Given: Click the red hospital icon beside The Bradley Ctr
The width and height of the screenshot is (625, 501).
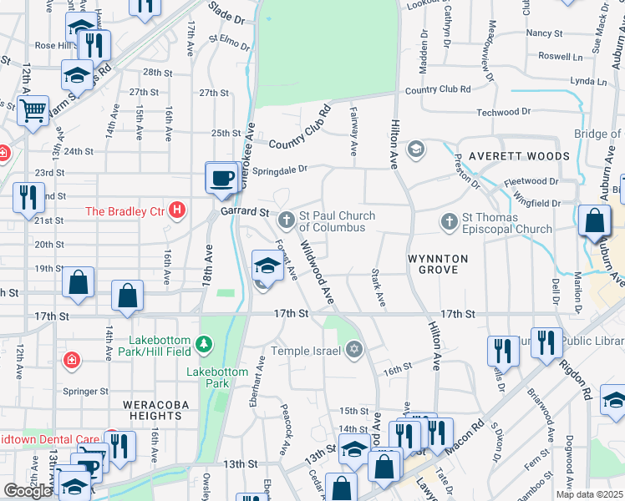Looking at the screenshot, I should (x=176, y=210).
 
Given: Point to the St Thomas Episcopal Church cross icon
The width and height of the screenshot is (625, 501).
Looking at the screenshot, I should (x=450, y=221).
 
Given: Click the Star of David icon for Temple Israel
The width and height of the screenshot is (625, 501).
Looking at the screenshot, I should (x=354, y=349).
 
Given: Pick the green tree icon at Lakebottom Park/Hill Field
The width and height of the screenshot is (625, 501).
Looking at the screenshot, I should (x=203, y=344).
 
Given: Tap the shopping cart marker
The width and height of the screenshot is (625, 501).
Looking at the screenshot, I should (x=33, y=109).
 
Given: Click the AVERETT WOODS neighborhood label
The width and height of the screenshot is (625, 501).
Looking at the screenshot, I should (x=518, y=156).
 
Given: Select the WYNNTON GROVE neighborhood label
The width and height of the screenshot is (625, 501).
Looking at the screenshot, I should (x=432, y=264).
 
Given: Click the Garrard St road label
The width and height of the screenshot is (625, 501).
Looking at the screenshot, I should (x=243, y=212).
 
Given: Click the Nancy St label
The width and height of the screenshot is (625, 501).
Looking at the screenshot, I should (x=544, y=33).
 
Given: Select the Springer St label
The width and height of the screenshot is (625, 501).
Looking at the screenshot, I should (x=86, y=390).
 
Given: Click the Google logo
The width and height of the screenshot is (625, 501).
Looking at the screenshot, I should (x=28, y=491).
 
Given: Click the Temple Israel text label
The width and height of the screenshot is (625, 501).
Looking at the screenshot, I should (x=307, y=351).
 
